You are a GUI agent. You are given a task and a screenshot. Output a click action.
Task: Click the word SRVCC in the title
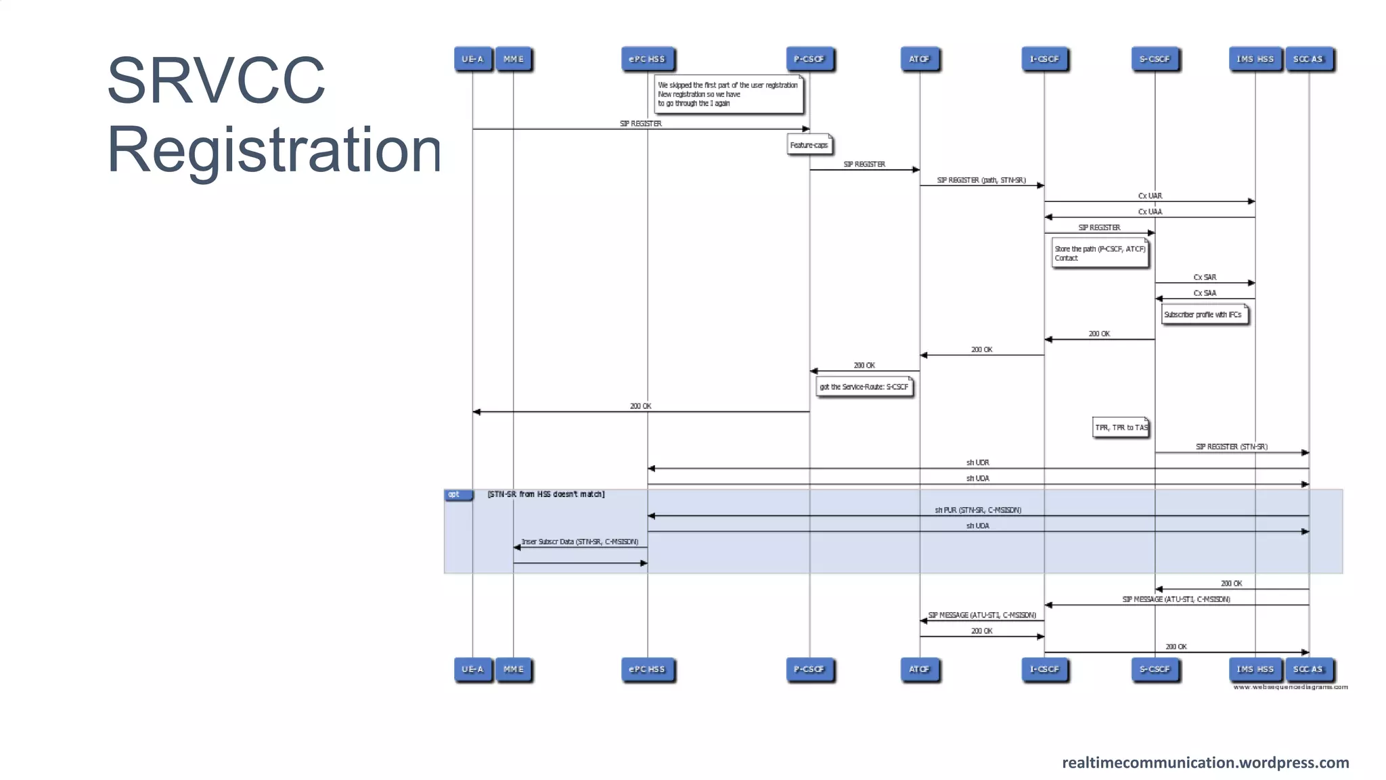point(216,81)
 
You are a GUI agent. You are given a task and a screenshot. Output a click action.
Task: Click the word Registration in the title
point(274,150)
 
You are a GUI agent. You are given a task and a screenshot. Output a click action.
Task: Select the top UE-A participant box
point(472,59)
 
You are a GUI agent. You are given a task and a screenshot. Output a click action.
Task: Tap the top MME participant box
point(513,59)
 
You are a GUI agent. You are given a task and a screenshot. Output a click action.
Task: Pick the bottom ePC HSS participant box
point(647,669)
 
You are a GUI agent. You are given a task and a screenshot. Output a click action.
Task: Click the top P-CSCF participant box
point(809,59)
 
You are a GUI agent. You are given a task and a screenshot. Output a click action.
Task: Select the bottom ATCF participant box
point(919,669)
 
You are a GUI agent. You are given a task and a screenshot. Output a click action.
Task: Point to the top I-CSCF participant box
point(1044,59)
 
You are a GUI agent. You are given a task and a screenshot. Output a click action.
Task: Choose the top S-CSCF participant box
point(1154,59)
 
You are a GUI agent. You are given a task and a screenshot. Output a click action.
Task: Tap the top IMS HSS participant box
point(1255,59)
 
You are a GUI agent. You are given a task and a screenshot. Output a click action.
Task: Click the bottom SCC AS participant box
point(1307,669)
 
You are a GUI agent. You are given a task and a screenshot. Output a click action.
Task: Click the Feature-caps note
point(809,145)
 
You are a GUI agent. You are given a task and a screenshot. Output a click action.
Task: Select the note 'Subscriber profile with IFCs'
point(1203,315)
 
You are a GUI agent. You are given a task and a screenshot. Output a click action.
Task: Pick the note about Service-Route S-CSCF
point(864,387)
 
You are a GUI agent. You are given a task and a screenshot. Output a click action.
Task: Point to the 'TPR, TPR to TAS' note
point(1121,427)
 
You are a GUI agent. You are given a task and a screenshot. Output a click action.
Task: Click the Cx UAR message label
point(1150,196)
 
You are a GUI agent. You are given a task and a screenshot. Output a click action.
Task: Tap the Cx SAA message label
point(1205,293)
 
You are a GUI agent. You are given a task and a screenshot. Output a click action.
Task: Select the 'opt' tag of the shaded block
point(454,494)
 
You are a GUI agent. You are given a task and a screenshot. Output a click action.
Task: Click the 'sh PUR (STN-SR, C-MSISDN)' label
point(978,510)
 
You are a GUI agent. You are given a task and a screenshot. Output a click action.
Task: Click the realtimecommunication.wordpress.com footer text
point(1205,762)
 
